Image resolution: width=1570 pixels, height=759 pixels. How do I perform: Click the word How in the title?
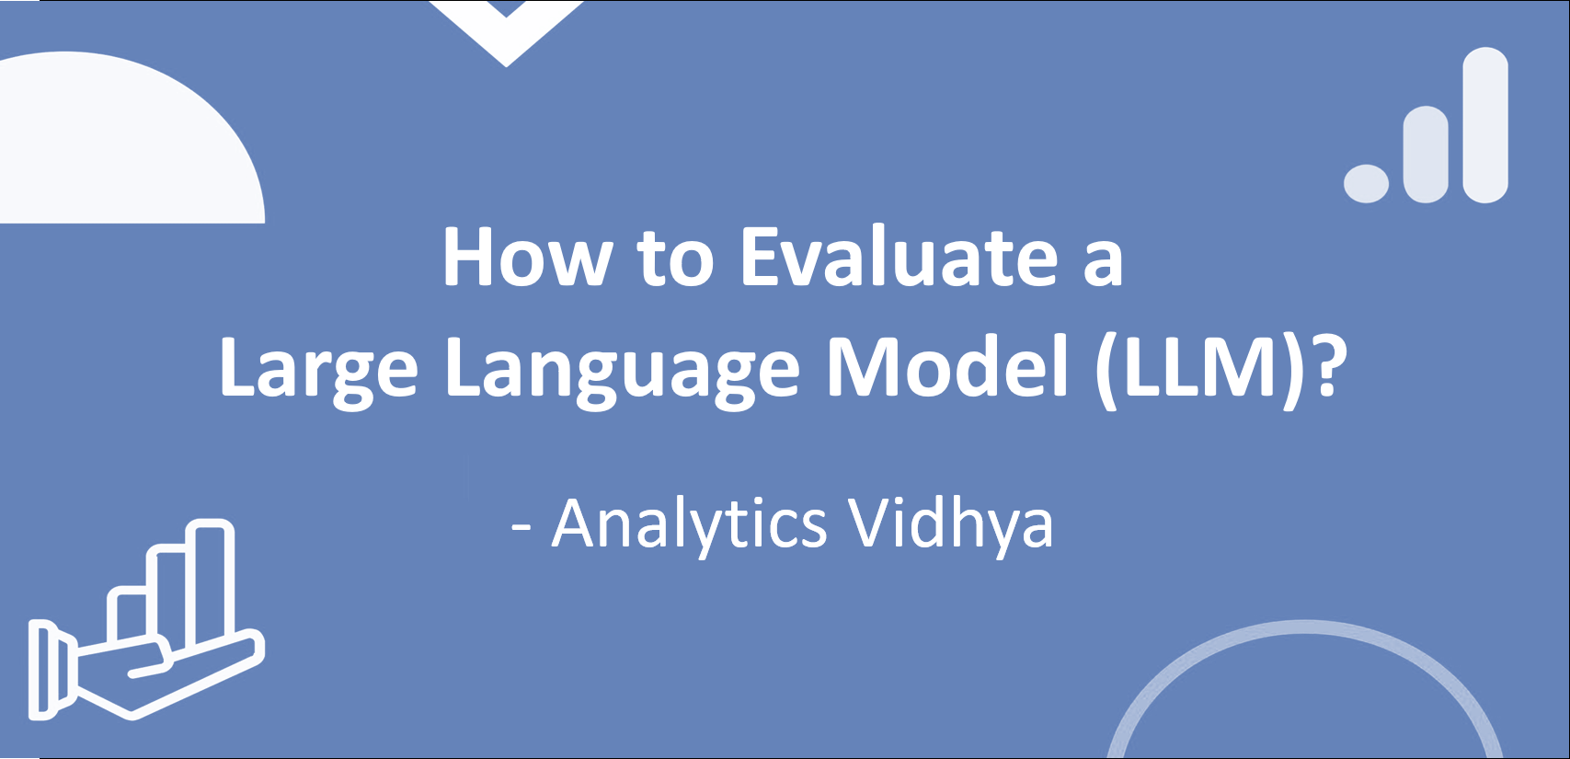pyautogui.click(x=526, y=258)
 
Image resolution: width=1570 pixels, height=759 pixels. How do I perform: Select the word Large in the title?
pyautogui.click(x=318, y=368)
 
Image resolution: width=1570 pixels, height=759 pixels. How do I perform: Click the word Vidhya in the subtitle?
pyautogui.click(x=950, y=524)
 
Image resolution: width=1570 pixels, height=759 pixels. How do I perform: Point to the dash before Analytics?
pyautogui.click(x=521, y=526)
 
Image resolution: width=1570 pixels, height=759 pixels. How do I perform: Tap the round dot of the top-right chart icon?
pyautogui.click(x=1366, y=183)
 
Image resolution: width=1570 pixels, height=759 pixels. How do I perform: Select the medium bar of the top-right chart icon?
pyautogui.click(x=1426, y=154)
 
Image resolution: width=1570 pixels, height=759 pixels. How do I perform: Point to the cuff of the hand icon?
pyautogui.click(x=42, y=670)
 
